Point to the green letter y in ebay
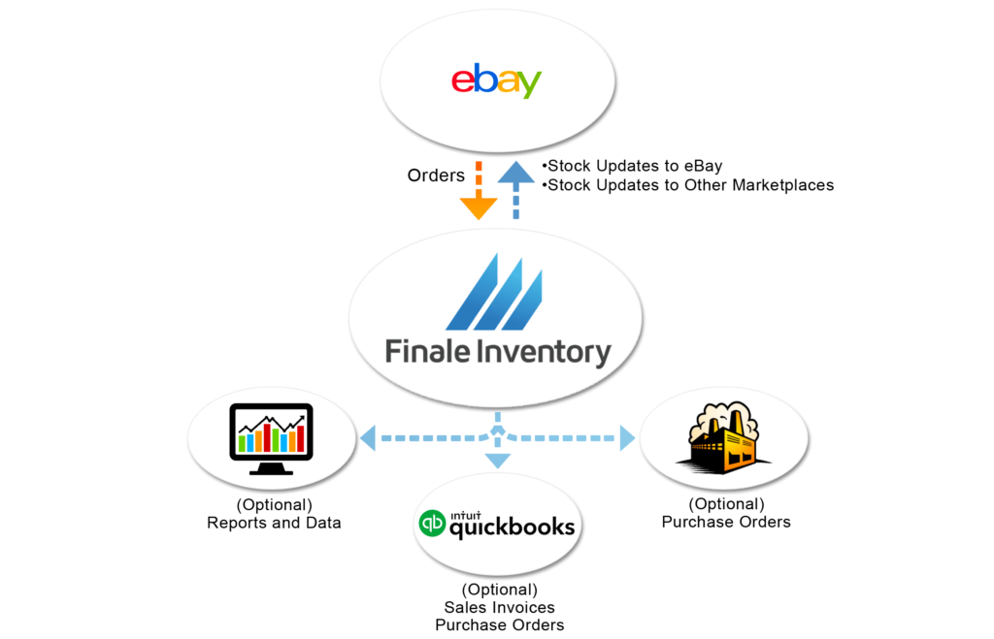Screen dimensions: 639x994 tap(528, 86)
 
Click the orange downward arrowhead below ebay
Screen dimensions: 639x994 tap(478, 208)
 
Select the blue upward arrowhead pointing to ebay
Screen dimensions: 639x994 tap(516, 174)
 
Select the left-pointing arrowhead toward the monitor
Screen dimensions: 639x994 tap(368, 438)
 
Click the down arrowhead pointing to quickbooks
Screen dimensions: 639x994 tap(497, 461)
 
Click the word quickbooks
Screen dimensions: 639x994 tap(513, 528)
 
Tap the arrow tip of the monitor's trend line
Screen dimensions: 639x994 tap(302, 418)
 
